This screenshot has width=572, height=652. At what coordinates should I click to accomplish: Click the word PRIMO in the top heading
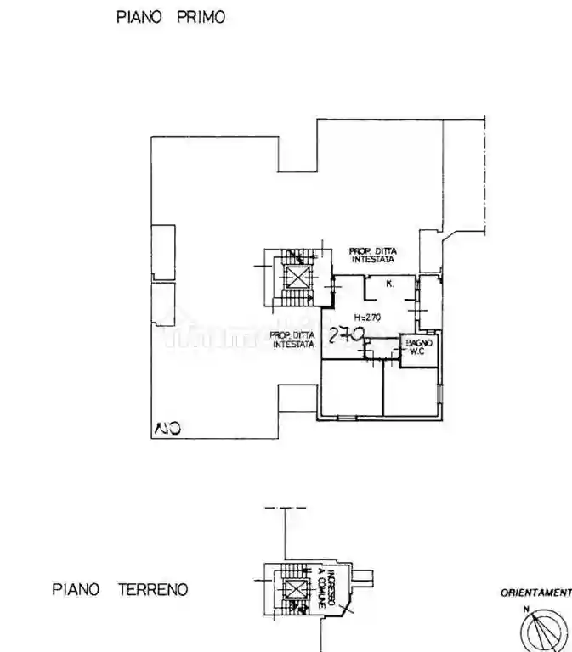(201, 17)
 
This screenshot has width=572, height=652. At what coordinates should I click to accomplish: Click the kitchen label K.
(389, 284)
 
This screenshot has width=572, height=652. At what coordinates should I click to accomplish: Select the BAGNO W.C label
(419, 347)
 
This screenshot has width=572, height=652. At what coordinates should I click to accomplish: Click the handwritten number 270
(347, 336)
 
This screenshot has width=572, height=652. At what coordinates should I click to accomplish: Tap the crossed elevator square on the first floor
(297, 276)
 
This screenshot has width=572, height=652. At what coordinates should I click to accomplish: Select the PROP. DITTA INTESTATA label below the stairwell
(293, 340)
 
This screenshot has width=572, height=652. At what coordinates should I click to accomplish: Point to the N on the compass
(527, 610)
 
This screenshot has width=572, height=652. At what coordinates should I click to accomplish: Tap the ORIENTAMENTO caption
(535, 593)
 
